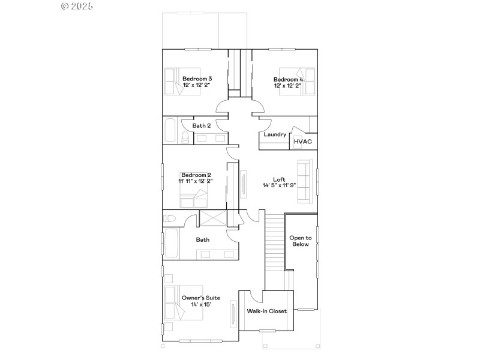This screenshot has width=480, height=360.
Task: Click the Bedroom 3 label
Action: coord(197,79)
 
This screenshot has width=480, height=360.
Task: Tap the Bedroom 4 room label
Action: coord(288,79)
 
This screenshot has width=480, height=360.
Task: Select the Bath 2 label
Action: coord(201,125)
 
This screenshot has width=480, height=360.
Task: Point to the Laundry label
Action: coord(274,134)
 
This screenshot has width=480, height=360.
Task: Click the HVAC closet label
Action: coord(302,142)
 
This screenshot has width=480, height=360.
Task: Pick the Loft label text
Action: coord(279,179)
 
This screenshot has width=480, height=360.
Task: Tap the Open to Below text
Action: coord(300,241)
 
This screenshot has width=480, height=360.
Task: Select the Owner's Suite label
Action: coord(200,298)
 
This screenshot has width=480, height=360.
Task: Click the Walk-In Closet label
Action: coord(266,311)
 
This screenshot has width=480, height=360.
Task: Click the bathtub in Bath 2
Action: coord(169,130)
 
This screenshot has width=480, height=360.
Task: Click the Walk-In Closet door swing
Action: coord(256,296)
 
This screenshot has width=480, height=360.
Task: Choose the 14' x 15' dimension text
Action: coord(200,305)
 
